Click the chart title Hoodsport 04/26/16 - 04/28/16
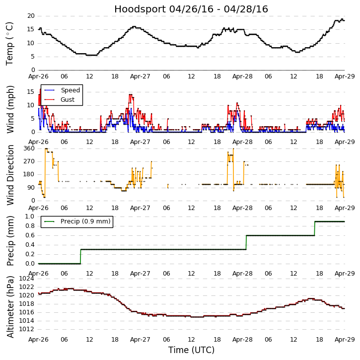tap(191, 9)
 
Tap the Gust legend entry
tap(68, 99)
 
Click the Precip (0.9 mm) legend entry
tap(85, 221)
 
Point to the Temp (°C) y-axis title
tap(10, 43)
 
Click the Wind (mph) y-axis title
tap(10, 109)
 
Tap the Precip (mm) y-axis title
tap(10, 240)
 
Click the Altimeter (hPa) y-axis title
tap(10, 307)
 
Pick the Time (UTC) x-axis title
tap(191, 350)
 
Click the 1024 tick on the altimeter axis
tap(26, 279)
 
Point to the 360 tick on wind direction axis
tap(29, 148)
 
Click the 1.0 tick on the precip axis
tap(30, 216)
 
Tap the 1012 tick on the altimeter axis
tap(26, 329)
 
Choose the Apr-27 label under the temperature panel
tap(140, 76)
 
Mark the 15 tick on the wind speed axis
tap(31, 91)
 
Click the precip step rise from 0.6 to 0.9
tap(314, 228)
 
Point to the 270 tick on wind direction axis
tap(29, 161)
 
